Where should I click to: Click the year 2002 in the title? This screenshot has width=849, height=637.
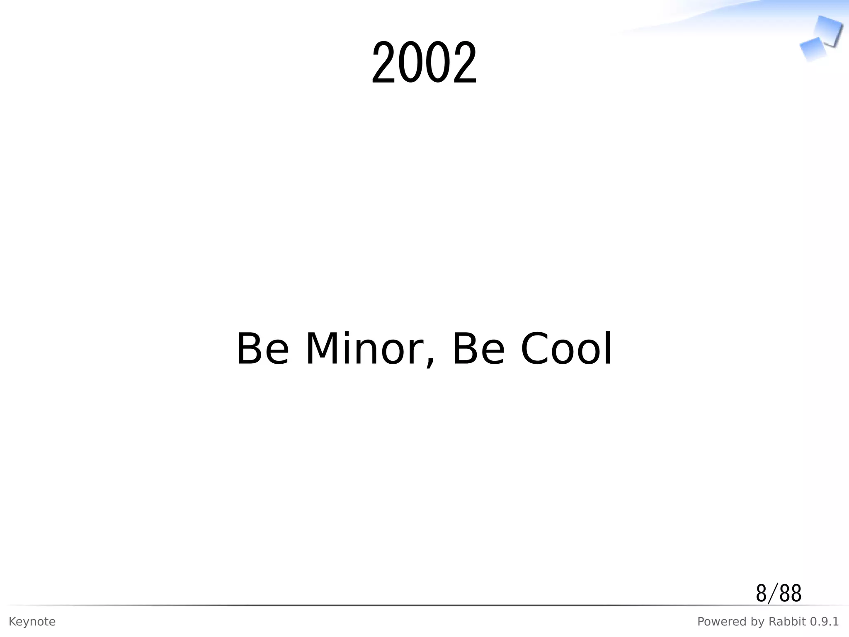(x=424, y=63)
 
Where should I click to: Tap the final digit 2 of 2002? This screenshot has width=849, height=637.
(x=464, y=63)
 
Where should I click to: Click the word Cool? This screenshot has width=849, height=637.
(x=566, y=349)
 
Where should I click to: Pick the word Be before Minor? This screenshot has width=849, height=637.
(x=262, y=349)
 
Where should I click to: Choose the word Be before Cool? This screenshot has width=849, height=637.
(x=478, y=349)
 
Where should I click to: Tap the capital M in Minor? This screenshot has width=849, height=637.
(x=322, y=349)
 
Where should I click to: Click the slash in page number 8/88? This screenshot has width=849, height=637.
(x=771, y=593)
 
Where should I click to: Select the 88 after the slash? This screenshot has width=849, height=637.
(x=790, y=593)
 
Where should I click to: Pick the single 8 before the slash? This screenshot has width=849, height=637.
(x=761, y=593)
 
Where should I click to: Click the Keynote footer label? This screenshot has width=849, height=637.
(x=32, y=622)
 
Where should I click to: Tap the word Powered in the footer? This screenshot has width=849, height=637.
(x=718, y=622)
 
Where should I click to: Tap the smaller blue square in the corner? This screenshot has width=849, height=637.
(x=812, y=49)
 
